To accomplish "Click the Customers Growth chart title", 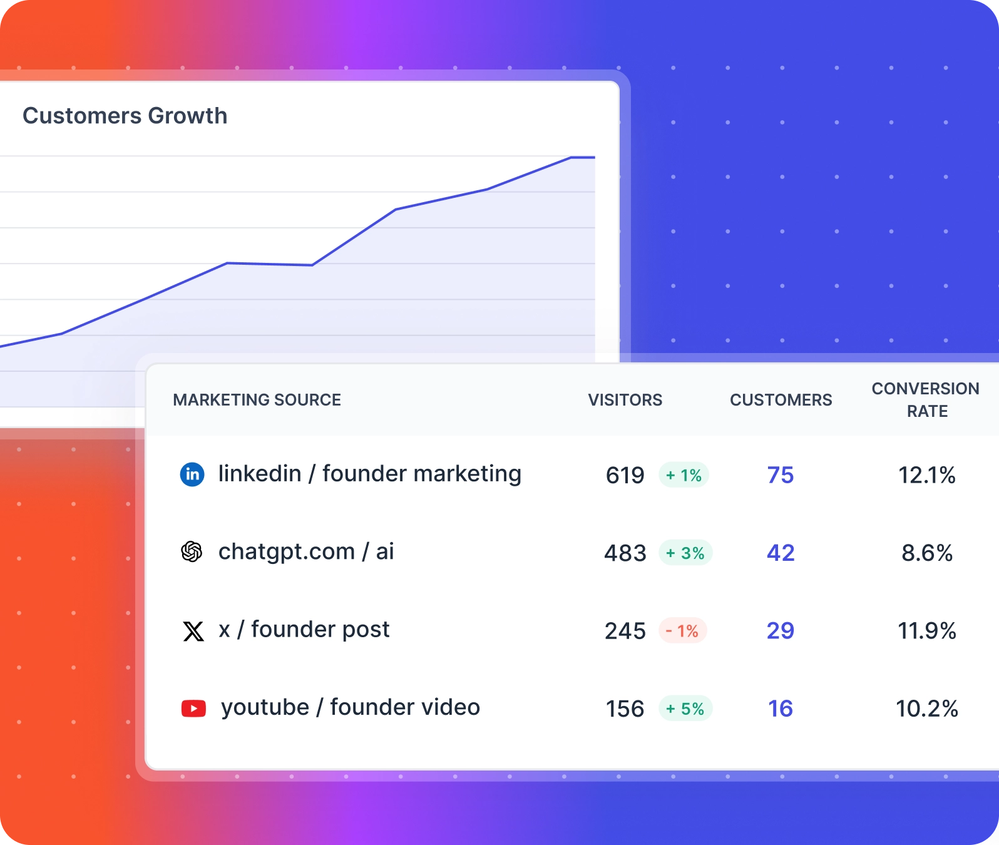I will click(x=125, y=116).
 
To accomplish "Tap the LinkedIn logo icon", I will click(x=192, y=474).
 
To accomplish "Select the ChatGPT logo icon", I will click(x=192, y=551).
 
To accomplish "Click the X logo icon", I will click(x=193, y=631).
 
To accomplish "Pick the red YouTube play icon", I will click(x=193, y=709).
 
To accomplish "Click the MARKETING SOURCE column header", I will click(x=257, y=400).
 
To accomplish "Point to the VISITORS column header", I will click(x=625, y=400).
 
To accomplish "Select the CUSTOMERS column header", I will click(x=781, y=400).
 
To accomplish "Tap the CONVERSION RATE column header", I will click(x=926, y=400).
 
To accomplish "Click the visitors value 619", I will click(x=625, y=476).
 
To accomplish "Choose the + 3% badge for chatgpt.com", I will click(x=685, y=553).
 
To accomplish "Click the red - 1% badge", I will click(x=683, y=631).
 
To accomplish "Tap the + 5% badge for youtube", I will click(x=685, y=709).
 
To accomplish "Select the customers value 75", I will click(x=781, y=476).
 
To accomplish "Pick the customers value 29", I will click(x=781, y=631).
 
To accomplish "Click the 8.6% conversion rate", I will click(x=927, y=553).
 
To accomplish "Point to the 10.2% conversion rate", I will click(x=927, y=709).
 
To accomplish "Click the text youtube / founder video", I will click(x=351, y=707).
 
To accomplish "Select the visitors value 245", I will click(x=625, y=631).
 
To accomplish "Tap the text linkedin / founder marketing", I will click(x=369, y=474).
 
